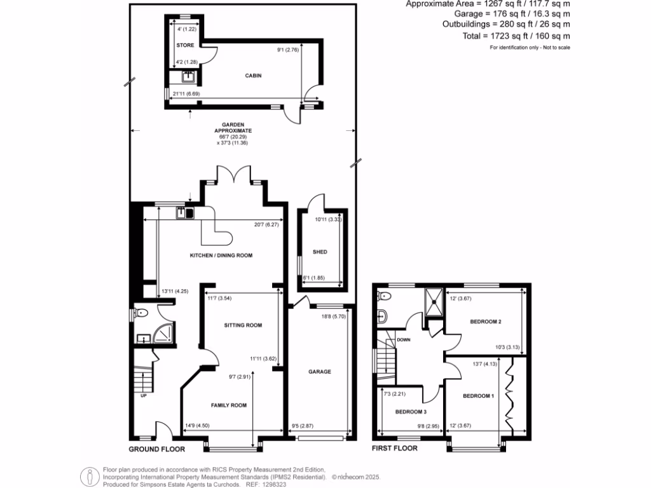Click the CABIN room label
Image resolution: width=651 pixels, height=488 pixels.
pos(254,76)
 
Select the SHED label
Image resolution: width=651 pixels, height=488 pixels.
pos(320,252)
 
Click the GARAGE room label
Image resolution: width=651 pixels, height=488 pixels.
pos(319,372)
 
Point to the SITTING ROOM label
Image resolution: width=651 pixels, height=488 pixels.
pos(243,325)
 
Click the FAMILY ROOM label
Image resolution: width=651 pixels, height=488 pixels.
pos(229,405)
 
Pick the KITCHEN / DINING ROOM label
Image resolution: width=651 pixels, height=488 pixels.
pos(221,255)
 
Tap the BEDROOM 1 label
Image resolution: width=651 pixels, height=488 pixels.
pos(478,396)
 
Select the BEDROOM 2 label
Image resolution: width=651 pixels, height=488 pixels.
pos(486,322)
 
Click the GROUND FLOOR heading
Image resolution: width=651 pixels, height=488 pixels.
pos(156,449)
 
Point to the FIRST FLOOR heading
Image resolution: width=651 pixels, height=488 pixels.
pos(395,449)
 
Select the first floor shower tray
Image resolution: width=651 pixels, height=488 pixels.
pos(433,301)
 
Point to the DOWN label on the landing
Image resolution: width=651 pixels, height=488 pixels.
pos(403,340)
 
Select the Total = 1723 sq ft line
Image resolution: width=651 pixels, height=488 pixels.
pos(516,37)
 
